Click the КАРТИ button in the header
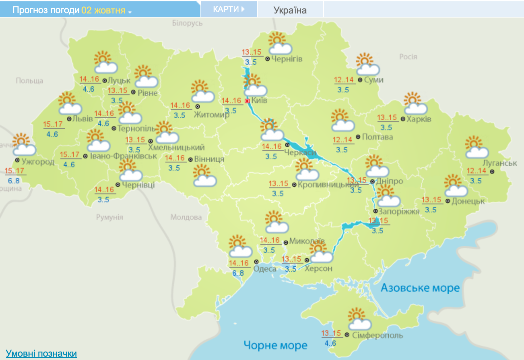click(229, 9)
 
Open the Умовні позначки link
click(41, 353)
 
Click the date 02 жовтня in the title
click(103, 10)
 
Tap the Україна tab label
click(290, 10)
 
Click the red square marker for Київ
click(247, 101)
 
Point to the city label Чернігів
click(287, 59)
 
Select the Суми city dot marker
click(360, 80)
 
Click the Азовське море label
click(420, 288)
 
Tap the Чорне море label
click(275, 345)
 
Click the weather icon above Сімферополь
click(359, 319)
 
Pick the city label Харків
click(419, 119)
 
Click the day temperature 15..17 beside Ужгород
click(14, 171)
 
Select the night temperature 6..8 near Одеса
click(238, 273)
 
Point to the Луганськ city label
click(499, 163)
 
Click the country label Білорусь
click(187, 23)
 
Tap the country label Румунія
click(109, 217)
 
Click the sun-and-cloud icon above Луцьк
click(105, 62)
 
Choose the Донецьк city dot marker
click(448, 201)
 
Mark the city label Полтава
click(377, 137)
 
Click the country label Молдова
click(186, 217)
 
